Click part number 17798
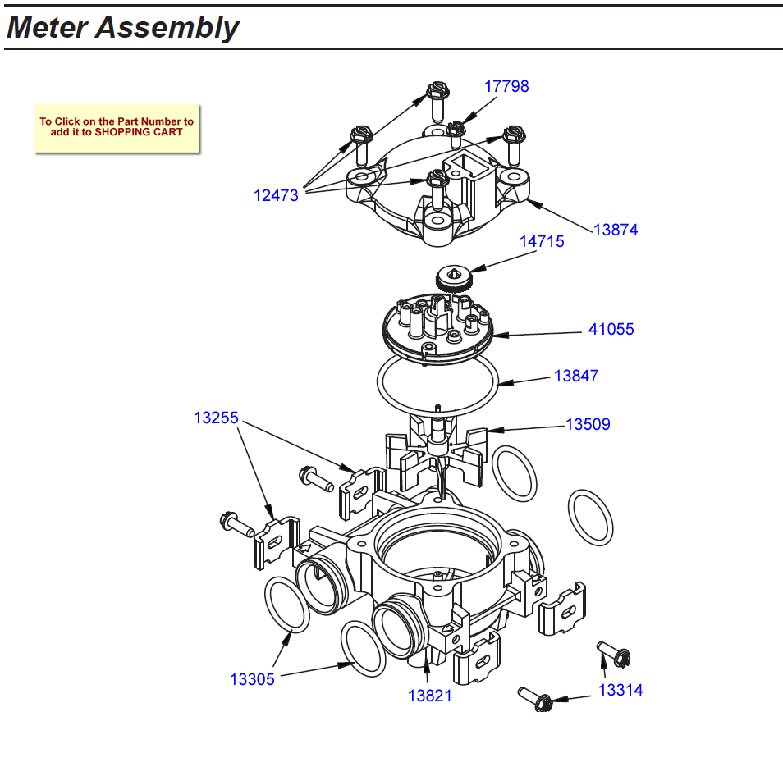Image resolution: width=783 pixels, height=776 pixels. [506, 86]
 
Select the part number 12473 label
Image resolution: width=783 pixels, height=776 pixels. [276, 196]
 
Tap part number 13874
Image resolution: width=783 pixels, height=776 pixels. [616, 230]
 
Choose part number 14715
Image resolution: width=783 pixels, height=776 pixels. [542, 242]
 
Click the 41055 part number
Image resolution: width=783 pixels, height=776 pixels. [611, 330]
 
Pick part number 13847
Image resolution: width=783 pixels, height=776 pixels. [576, 377]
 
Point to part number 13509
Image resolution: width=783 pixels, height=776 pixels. [588, 425]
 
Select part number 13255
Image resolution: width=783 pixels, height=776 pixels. [216, 418]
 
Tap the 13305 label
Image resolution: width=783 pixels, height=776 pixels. [252, 679]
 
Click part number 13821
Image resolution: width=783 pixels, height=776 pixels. [430, 696]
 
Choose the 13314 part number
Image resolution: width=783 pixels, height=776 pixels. [620, 690]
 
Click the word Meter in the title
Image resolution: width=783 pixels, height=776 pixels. [48, 28]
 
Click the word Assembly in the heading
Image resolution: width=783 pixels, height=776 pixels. [167, 28]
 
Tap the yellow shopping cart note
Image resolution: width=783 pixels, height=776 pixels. [117, 127]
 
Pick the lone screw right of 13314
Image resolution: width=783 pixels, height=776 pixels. [611, 651]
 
